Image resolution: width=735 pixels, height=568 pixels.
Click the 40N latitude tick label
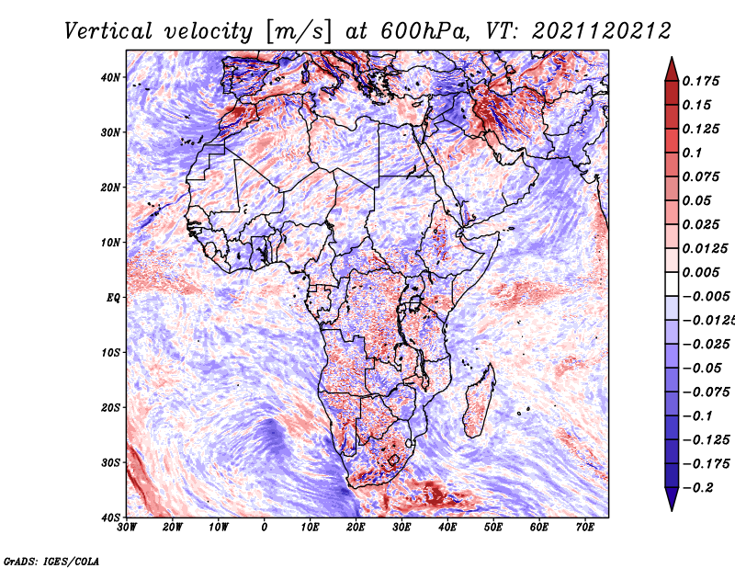click(x=110, y=77)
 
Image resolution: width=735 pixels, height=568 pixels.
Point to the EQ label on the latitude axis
click(x=113, y=298)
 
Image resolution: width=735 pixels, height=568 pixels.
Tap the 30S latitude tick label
click(x=110, y=463)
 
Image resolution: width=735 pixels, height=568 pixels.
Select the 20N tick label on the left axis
click(x=110, y=187)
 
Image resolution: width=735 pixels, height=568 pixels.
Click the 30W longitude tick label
click(x=127, y=528)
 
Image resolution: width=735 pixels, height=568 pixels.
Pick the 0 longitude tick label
click(x=265, y=528)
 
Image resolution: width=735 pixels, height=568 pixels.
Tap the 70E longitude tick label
click(x=585, y=528)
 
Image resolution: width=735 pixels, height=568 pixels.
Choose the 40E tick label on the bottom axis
click(x=447, y=528)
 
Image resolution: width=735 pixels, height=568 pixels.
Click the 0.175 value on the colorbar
click(x=701, y=81)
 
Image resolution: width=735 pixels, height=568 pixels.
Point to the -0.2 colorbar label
click(x=698, y=488)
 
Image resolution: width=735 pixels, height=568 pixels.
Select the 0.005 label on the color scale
click(x=701, y=272)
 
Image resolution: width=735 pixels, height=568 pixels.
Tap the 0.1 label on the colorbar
click(x=693, y=153)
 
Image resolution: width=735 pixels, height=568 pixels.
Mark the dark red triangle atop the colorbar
click(x=672, y=70)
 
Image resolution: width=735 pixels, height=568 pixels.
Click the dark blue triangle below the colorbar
click(x=672, y=499)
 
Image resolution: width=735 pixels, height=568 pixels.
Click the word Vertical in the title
click(x=108, y=31)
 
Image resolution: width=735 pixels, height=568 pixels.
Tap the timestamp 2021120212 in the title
click(x=602, y=31)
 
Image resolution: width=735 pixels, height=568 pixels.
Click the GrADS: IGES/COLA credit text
click(x=51, y=561)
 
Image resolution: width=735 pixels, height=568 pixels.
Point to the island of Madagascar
click(x=479, y=402)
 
